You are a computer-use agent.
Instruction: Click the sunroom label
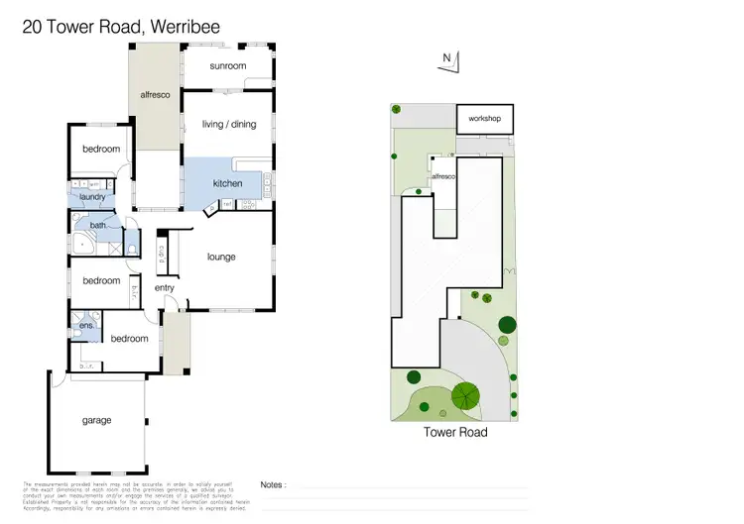[x=227, y=66]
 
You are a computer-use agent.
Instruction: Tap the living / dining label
[x=228, y=124]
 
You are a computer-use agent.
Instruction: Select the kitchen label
[x=227, y=183]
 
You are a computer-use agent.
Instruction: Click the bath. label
[x=98, y=226]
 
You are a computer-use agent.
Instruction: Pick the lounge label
[x=220, y=257]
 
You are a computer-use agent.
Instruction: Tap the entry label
[x=164, y=288]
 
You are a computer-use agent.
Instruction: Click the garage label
[x=96, y=420]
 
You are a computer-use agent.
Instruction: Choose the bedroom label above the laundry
[x=101, y=150]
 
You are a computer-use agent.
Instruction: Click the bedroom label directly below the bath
[x=101, y=280]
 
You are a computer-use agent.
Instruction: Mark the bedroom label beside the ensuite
[x=129, y=339]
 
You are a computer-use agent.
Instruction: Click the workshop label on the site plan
[x=485, y=120]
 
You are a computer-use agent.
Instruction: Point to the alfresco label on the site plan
[x=442, y=176]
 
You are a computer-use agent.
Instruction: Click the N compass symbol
[x=448, y=59]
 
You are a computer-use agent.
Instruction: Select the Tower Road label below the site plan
[x=455, y=432]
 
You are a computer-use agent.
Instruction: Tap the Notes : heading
[x=274, y=485]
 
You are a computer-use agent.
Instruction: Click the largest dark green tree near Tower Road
[x=465, y=396]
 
